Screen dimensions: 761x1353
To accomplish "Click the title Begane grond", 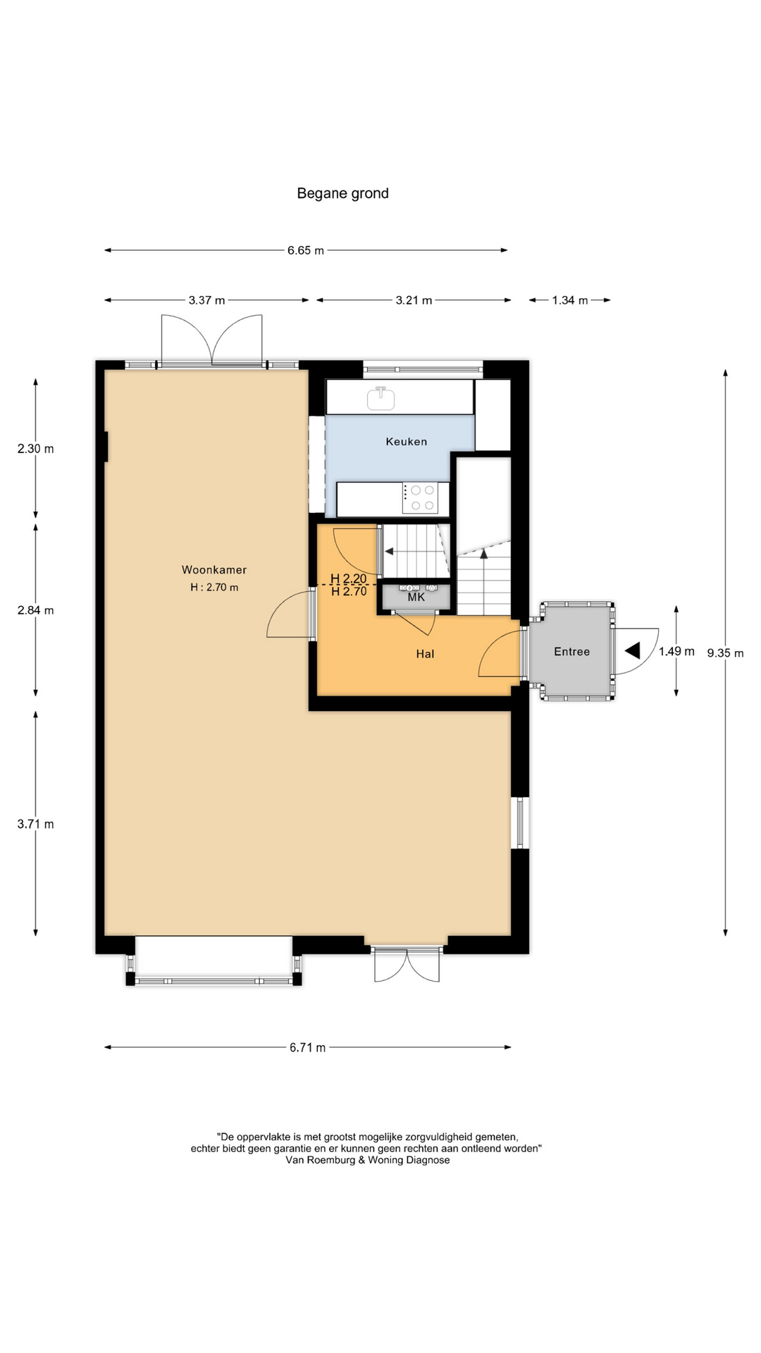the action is (342, 193).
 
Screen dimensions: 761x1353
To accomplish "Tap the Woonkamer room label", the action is (214, 570).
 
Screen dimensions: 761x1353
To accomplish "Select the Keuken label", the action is (407, 442).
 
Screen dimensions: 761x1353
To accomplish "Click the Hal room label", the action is (425, 654).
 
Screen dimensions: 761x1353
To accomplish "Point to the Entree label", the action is (571, 652).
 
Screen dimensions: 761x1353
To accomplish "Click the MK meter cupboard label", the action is (416, 597).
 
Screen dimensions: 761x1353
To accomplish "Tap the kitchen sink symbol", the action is (381, 397).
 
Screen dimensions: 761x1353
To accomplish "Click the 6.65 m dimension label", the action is (306, 250).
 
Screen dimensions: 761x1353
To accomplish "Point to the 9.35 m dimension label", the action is (725, 653).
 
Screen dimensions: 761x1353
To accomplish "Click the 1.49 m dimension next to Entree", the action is (676, 651).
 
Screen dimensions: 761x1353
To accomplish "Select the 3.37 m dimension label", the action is (206, 300).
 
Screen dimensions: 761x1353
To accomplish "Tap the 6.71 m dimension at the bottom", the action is (307, 1048).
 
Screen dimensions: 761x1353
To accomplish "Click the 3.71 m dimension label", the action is (35, 824).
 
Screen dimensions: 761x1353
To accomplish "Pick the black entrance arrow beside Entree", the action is (632, 650).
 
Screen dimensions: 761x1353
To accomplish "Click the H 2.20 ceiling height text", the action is (348, 579).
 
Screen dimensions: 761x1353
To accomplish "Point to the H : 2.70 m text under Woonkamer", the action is (214, 587).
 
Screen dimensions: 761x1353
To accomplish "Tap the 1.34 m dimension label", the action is (569, 300).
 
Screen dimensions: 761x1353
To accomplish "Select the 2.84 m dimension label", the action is (35, 610).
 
